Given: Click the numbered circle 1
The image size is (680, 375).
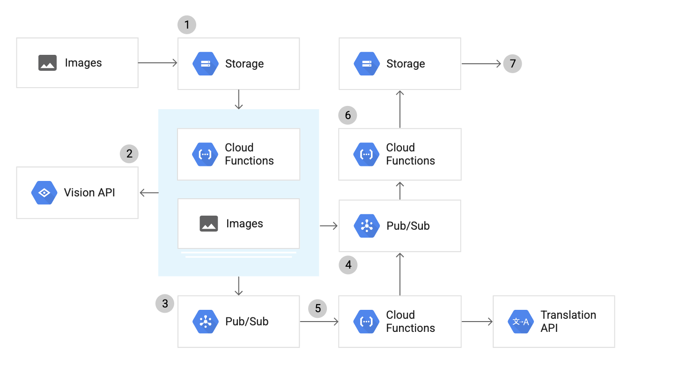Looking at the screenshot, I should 187,24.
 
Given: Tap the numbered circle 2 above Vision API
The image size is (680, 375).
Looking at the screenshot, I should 129,153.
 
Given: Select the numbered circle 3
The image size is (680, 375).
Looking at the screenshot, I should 165,304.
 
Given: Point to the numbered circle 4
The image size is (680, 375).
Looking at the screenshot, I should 348,265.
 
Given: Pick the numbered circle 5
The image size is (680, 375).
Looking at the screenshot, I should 318,308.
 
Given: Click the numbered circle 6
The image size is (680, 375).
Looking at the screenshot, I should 347,115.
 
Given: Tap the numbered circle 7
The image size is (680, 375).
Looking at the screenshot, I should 512,64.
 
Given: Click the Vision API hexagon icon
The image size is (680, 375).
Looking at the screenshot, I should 44,193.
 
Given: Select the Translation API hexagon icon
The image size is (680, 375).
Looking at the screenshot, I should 521,322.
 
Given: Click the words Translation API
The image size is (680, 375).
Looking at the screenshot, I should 568,322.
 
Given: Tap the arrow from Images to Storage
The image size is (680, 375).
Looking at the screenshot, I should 158,63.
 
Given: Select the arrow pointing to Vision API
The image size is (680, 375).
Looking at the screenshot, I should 149,192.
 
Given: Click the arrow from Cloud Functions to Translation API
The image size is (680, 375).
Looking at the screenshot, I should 477,322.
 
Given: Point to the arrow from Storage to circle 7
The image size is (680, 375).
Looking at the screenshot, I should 481,64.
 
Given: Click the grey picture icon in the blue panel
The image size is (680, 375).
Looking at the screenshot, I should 209,224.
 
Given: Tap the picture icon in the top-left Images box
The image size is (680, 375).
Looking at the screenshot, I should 47,63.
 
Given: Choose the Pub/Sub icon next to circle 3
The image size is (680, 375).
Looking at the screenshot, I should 205,322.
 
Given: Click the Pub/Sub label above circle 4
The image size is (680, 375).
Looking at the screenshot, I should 408,226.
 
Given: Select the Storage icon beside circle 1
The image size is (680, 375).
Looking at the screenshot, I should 205,64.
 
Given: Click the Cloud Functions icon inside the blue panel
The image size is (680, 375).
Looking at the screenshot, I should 205,154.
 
